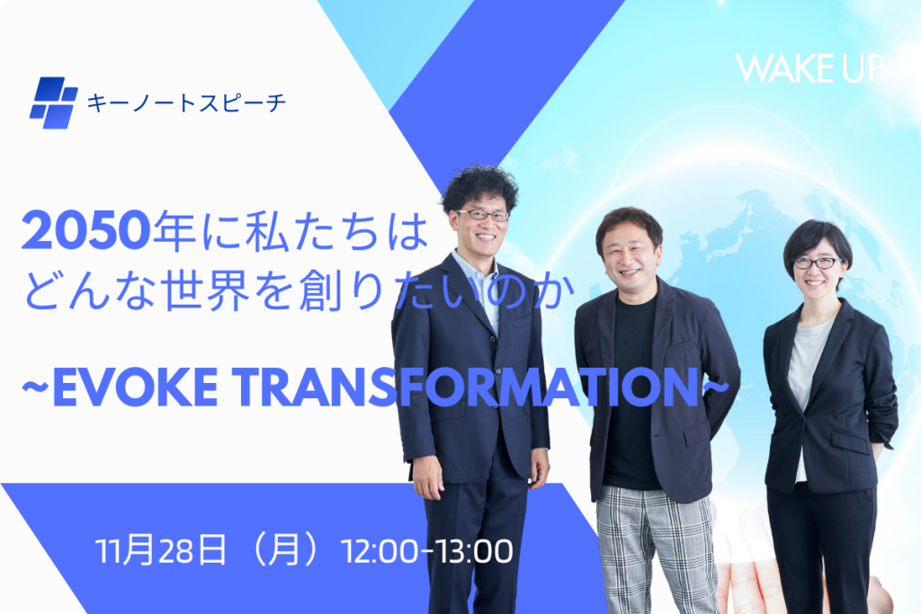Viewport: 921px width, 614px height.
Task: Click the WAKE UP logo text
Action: [809, 68]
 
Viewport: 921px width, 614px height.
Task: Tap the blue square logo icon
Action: [53, 102]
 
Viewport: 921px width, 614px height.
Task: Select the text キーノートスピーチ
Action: [186, 103]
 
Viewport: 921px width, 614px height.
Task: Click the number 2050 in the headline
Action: [86, 230]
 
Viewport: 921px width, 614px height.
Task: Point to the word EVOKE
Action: [135, 387]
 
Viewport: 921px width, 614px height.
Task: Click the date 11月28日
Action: [160, 550]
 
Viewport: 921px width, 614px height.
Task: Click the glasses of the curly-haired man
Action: [483, 215]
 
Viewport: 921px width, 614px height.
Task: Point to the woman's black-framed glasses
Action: [818, 263]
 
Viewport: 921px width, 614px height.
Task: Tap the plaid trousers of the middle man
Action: [657, 550]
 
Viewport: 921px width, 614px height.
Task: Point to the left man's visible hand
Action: [427, 476]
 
